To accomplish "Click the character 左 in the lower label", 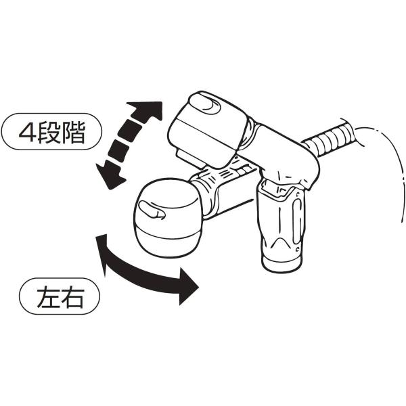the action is pos(48,297).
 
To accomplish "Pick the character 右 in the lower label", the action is pos(72,297).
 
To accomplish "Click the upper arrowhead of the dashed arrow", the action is pos(148,110).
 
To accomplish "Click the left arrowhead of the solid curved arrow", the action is pos(101,251).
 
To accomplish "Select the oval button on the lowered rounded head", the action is pos(152,210).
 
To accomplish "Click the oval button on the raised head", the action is pos(204,103).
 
